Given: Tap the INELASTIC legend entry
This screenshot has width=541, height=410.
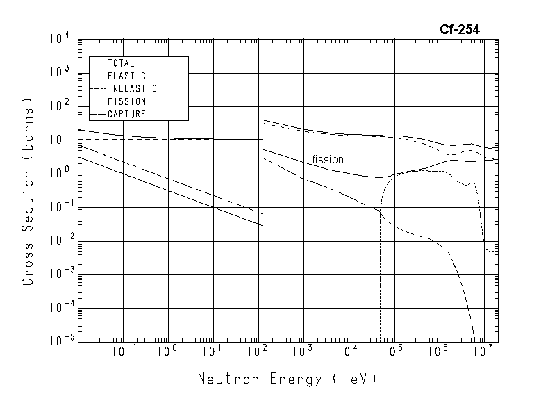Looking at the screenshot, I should (132, 89).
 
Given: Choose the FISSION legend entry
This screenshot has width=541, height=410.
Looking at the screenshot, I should (126, 101).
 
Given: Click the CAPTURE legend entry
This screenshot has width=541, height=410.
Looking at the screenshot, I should (126, 115).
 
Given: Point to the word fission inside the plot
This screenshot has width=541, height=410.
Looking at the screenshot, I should (328, 159).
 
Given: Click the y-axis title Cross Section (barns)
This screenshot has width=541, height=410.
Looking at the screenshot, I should (28, 196).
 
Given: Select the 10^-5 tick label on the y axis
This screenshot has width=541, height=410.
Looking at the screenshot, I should (59, 341).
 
